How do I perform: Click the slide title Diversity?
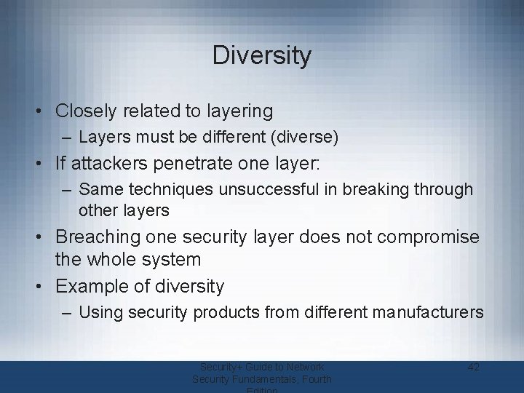(262, 55)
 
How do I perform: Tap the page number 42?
(473, 367)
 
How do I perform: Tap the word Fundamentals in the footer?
(278, 379)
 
